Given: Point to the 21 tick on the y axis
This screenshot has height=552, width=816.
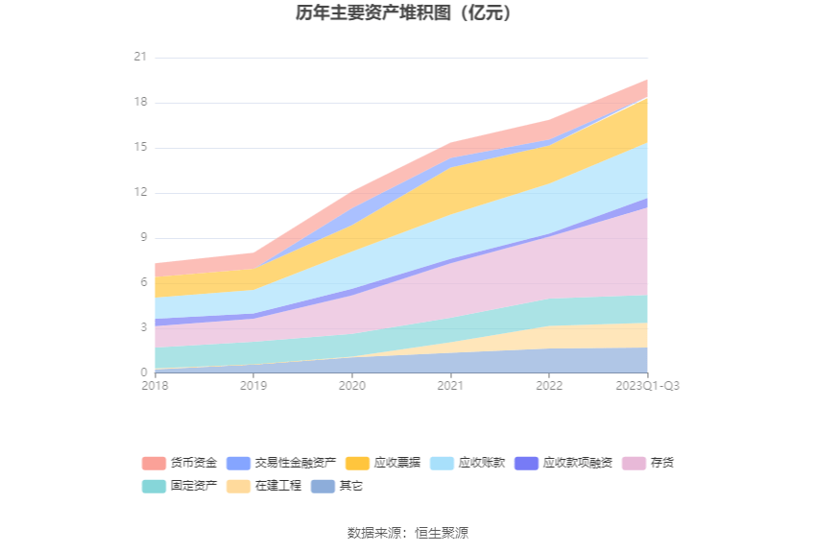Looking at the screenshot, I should [140, 58].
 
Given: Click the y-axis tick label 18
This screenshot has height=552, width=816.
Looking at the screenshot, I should [140, 103].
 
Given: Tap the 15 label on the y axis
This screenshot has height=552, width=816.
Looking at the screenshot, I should [140, 148].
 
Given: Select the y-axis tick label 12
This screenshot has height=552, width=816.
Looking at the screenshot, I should [140, 193].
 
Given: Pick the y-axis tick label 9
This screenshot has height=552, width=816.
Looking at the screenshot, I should [143, 238].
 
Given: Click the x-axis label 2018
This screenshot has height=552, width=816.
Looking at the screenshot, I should [155, 386].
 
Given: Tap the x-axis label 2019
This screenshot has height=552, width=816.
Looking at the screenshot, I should [253, 386].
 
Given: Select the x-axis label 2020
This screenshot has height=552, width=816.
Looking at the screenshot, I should [352, 386].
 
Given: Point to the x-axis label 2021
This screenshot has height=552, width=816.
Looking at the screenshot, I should [450, 386].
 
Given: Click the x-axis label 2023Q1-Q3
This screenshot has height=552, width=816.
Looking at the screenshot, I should [647, 386].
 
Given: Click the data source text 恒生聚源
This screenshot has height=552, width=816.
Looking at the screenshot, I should [442, 533].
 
